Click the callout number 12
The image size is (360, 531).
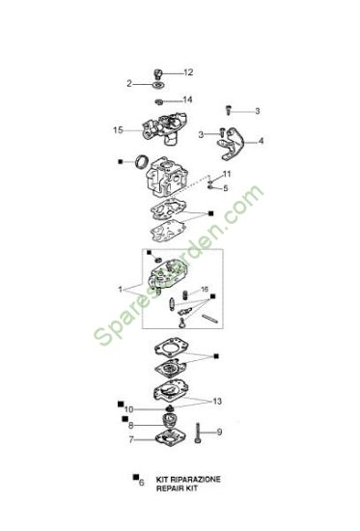tap(188, 72)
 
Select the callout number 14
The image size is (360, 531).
tap(187, 99)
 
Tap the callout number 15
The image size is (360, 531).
tap(118, 130)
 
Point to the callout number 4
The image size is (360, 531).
tap(262, 141)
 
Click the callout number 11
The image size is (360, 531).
tap(227, 174)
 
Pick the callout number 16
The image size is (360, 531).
tap(205, 290)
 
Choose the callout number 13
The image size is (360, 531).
tap(217, 402)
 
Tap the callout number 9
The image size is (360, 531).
tap(219, 433)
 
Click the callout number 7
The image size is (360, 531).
tap(131, 440)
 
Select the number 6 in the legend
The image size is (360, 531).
tap(142, 482)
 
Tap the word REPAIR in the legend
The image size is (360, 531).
tap(168, 489)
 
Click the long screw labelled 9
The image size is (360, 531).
tap(198, 433)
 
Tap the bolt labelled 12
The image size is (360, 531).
tap(158, 73)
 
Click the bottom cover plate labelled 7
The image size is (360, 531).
tap(169, 437)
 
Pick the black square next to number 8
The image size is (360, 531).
tap(125, 419)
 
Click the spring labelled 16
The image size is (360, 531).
tap(185, 295)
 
